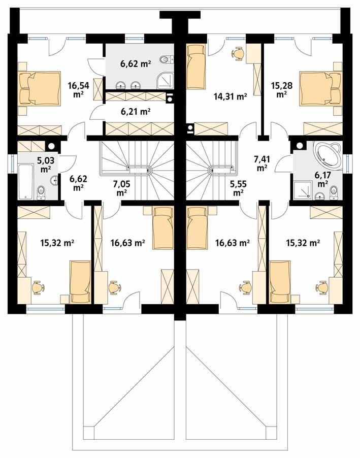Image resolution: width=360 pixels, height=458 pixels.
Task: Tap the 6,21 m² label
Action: point(134,111)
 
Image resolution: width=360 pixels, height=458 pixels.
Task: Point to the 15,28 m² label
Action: point(281,89)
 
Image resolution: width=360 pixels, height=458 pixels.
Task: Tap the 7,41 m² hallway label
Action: point(262,162)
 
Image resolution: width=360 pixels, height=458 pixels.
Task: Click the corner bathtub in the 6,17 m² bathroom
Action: point(328,154)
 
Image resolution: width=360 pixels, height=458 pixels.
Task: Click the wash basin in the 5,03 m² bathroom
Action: point(54,180)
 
